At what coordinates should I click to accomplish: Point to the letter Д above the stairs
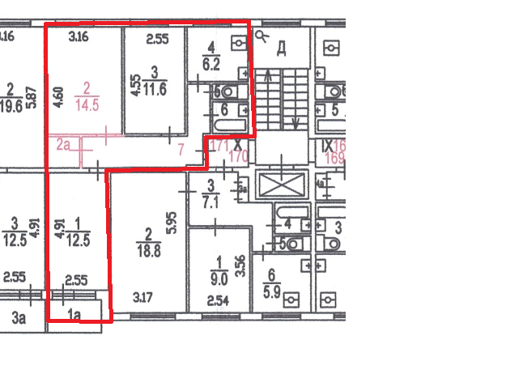click(282, 49)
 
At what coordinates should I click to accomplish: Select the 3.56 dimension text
click(239, 265)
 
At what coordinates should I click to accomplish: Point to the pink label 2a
click(64, 145)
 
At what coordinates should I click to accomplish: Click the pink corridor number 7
click(181, 149)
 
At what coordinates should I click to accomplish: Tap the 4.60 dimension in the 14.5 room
click(57, 87)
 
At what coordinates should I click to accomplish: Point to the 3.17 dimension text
click(144, 305)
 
